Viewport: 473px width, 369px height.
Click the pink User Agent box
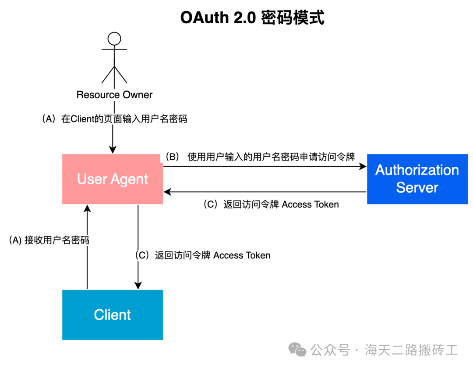click(x=113, y=179)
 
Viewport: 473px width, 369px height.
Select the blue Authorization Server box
click(x=417, y=179)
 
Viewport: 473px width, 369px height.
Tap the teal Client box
click(x=113, y=315)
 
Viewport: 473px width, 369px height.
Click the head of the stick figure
click(x=114, y=39)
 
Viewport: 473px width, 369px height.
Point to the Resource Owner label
click(x=114, y=95)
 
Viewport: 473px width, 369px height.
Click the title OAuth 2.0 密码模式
click(x=252, y=18)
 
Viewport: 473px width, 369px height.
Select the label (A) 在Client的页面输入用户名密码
click(x=114, y=119)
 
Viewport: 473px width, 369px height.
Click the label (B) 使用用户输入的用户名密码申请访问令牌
click(x=260, y=157)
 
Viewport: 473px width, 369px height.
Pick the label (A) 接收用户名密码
click(x=49, y=240)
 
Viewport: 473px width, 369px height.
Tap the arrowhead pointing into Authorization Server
click(x=363, y=166)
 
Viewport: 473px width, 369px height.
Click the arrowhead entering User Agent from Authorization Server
click(x=167, y=192)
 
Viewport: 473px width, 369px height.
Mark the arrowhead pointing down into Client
click(x=138, y=286)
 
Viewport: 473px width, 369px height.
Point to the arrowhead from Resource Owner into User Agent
click(x=113, y=150)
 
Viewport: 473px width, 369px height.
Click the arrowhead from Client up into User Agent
click(x=88, y=208)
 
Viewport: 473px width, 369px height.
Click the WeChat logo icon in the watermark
click(x=297, y=350)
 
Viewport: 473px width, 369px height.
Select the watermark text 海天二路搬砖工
click(x=411, y=350)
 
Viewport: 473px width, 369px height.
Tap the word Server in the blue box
click(x=417, y=188)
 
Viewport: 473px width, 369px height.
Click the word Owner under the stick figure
click(x=138, y=95)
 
